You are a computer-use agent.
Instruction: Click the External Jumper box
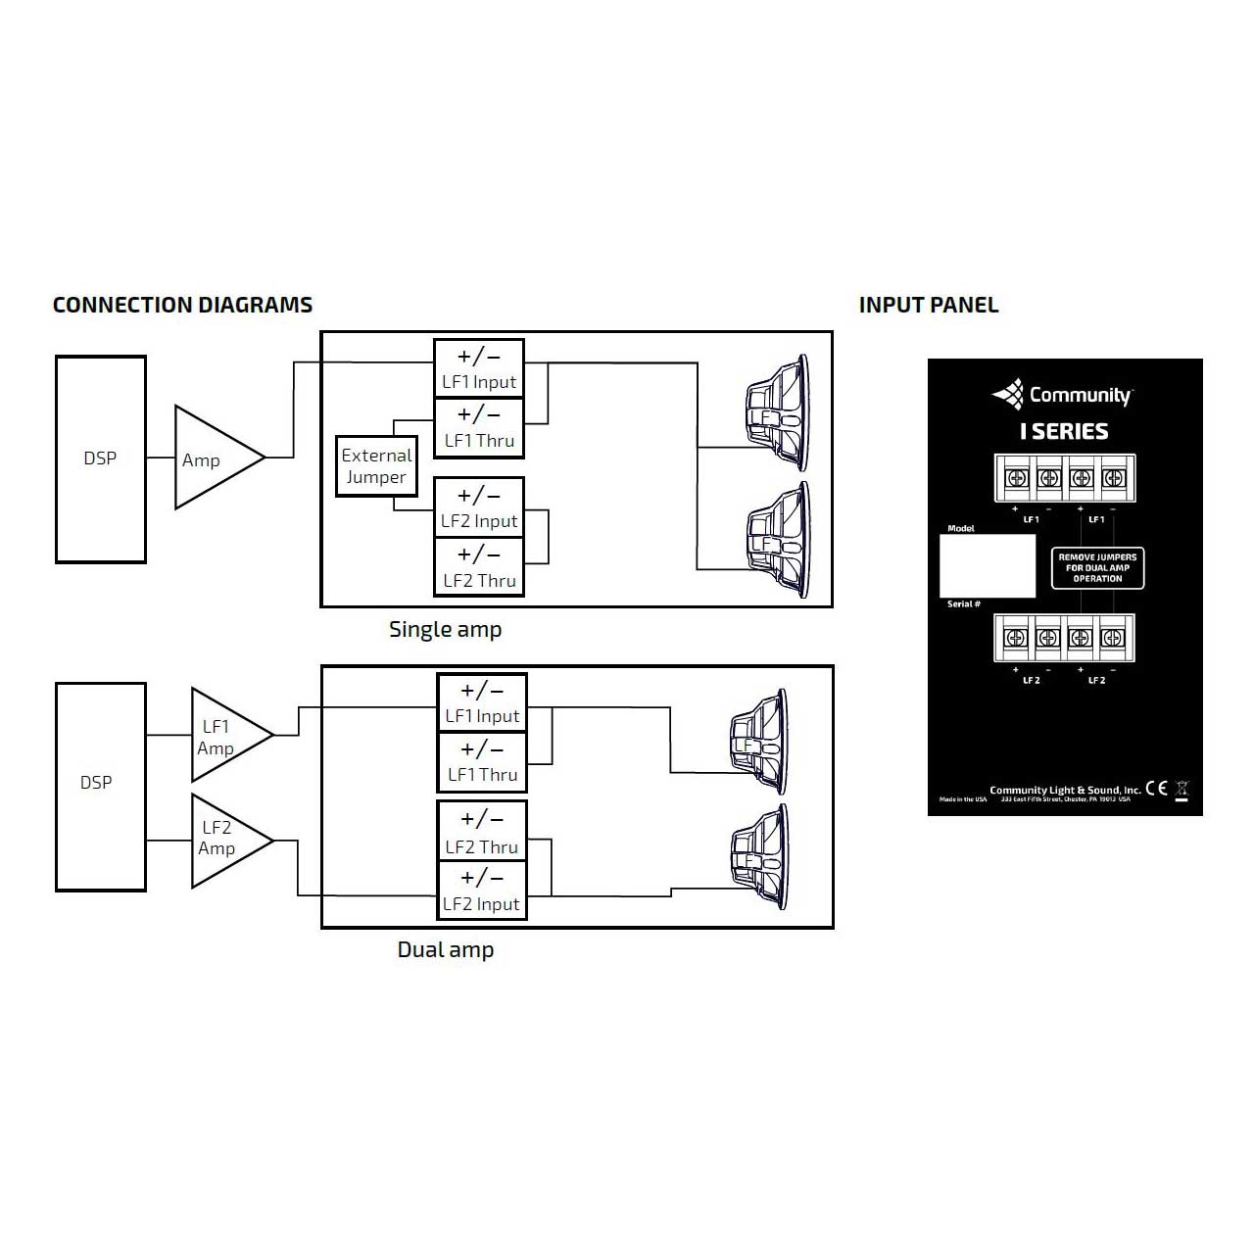point(376,466)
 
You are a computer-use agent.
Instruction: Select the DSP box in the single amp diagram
point(100,458)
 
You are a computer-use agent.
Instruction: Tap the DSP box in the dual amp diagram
point(100,786)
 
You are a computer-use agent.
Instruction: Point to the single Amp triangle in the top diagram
point(211,458)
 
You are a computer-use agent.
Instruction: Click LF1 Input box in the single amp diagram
point(479,368)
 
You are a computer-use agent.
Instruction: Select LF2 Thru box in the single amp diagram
point(479,567)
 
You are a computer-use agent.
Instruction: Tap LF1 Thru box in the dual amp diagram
point(482,762)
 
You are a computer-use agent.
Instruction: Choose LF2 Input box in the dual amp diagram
point(482,891)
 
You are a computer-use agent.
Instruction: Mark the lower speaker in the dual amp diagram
point(759,857)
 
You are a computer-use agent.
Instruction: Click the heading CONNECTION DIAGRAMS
point(182,305)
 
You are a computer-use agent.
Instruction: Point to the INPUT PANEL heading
point(929,305)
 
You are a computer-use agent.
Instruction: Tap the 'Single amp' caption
point(445,630)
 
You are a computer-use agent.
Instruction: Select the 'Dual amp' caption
point(445,949)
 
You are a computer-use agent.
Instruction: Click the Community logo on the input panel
point(1063,395)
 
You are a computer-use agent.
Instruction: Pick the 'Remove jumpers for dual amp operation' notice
point(1097,568)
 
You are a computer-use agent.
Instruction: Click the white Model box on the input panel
point(987,566)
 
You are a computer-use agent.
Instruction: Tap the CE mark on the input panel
point(1157,789)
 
